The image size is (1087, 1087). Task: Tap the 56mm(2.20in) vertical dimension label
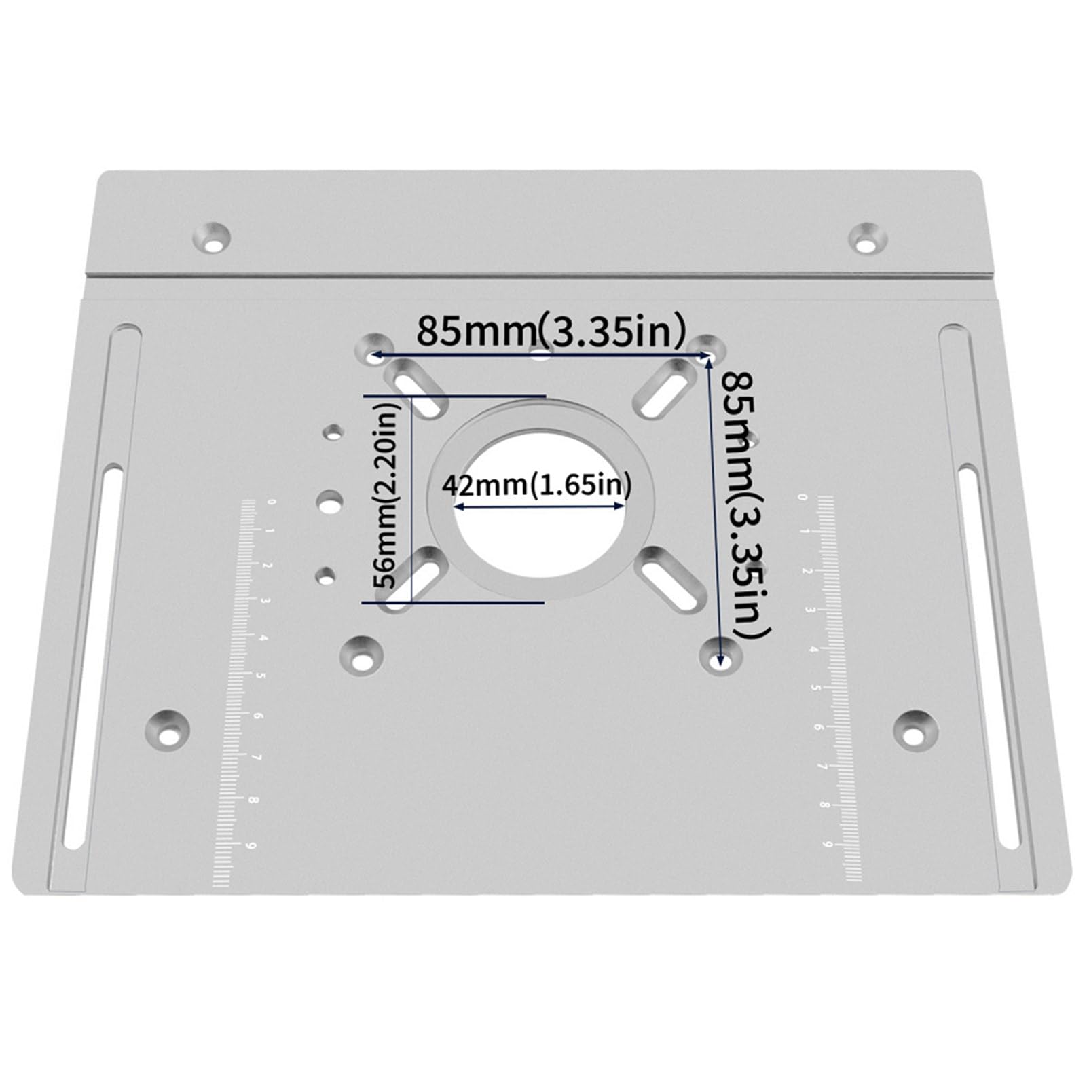click(x=387, y=502)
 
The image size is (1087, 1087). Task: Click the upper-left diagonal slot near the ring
click(x=415, y=389)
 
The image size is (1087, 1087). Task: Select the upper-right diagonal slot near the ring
click(x=665, y=388)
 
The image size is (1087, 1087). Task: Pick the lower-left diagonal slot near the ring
click(x=412, y=581)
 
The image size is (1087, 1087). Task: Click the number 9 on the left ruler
click(x=253, y=845)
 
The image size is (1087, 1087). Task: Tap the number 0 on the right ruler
click(x=804, y=498)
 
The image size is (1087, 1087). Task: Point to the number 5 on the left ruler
click(x=261, y=676)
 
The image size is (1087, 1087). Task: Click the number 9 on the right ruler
click(x=828, y=844)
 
